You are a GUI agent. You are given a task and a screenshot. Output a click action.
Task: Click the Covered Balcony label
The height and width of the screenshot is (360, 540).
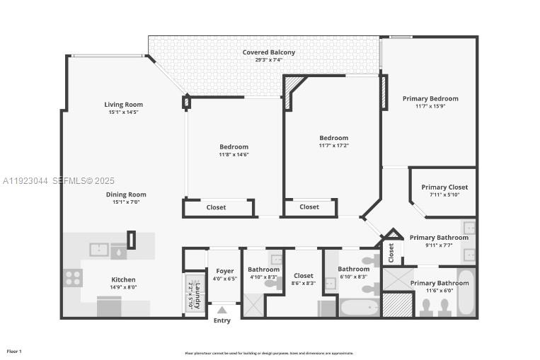point(269,52)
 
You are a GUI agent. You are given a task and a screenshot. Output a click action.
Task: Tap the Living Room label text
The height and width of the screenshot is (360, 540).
point(124,105)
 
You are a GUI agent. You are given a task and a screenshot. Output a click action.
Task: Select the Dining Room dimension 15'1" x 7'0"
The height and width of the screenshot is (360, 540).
point(126,202)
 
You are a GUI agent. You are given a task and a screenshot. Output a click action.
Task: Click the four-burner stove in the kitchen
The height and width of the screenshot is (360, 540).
point(74,277)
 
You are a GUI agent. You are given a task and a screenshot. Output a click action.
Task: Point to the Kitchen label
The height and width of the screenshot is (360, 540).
point(123,279)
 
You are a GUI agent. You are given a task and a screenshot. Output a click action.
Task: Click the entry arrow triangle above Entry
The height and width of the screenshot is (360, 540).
point(222,309)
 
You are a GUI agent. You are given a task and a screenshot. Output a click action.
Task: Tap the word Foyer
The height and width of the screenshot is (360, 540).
point(224,271)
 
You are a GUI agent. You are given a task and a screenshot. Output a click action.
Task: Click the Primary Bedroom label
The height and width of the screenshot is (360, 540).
point(430,99)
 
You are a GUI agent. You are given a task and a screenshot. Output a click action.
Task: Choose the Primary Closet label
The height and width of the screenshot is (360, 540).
point(444,187)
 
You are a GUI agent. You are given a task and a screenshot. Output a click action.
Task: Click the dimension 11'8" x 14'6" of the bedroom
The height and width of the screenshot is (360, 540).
point(234,154)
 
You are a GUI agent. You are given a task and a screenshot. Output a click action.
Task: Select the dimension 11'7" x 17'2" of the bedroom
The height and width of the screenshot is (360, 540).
point(333,146)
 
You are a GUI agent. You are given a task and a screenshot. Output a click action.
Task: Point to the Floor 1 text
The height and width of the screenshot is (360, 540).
point(14,352)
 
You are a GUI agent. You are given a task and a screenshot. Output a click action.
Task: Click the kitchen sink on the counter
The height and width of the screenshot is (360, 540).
point(99,250)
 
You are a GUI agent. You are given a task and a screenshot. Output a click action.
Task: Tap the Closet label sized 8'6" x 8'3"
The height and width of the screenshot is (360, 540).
point(303,276)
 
